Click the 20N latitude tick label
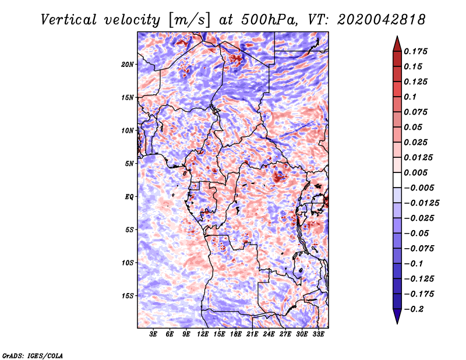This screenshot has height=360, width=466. click(x=128, y=65)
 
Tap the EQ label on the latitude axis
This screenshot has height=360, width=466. click(x=129, y=197)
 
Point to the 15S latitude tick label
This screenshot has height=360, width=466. click(x=128, y=296)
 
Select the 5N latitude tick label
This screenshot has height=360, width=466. click(x=129, y=164)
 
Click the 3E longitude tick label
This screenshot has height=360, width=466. click(x=153, y=334)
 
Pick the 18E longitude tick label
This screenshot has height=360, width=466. click(x=236, y=334)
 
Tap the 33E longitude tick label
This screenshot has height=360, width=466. click(x=318, y=334)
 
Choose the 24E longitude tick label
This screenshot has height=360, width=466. click(x=269, y=334)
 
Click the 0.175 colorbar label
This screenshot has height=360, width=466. click(x=415, y=51)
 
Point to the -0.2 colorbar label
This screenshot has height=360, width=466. click(x=414, y=309)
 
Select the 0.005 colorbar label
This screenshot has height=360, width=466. click(x=415, y=172)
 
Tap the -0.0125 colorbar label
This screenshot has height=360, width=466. click(x=421, y=203)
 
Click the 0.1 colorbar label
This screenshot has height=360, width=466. click(x=410, y=97)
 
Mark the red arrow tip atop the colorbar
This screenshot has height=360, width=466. click(x=397, y=37)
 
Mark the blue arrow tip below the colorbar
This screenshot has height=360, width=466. click(x=397, y=323)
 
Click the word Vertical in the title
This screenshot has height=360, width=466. click(x=69, y=20)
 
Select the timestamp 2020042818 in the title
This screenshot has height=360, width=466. click(x=382, y=20)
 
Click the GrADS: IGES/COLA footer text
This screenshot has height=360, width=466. click(x=33, y=356)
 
